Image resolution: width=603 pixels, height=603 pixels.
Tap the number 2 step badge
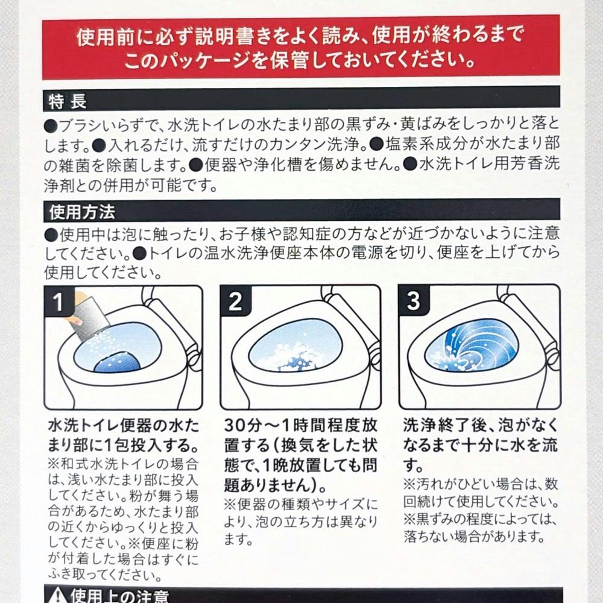(235, 301)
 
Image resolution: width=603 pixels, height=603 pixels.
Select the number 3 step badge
(413, 301)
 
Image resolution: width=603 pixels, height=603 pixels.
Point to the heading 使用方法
(82, 212)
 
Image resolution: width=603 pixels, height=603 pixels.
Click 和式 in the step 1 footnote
(74, 464)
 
